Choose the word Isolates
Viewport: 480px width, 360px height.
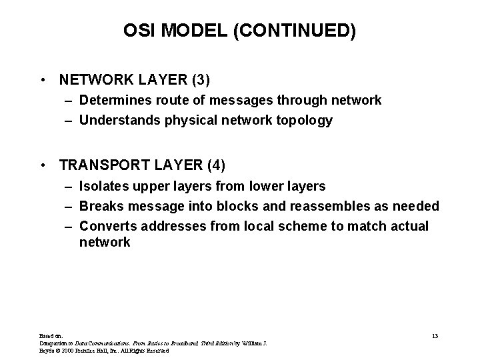point(102,186)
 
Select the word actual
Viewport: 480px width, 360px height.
point(410,227)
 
